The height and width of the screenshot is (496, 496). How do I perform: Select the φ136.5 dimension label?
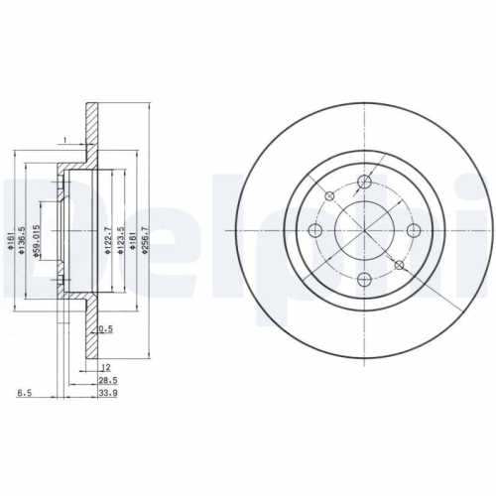24,237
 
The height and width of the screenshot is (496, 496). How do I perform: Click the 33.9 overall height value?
104,393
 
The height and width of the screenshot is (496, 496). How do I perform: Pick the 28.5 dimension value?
104,380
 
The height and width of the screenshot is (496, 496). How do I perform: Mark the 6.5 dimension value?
22,393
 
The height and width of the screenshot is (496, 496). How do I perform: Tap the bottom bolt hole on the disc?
365,279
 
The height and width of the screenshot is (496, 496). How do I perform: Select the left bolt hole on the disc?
316,230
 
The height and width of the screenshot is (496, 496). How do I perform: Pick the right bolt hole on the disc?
414,230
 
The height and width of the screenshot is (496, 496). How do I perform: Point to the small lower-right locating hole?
399,265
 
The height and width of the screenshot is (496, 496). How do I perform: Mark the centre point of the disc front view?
365,230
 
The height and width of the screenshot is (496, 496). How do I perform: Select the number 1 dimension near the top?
64,139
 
